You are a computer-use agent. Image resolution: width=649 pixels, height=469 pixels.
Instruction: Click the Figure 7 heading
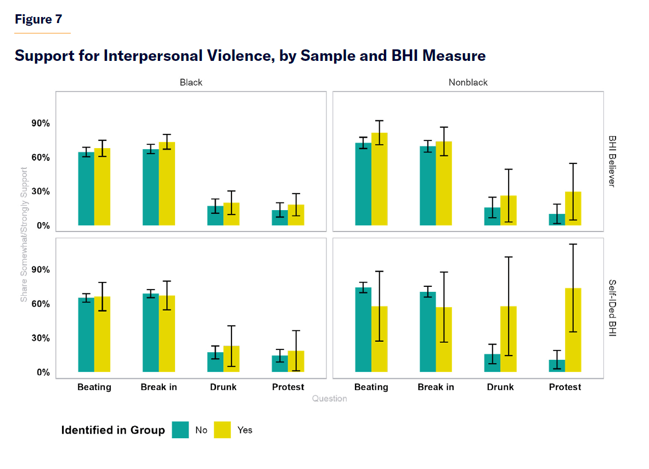click(x=38, y=20)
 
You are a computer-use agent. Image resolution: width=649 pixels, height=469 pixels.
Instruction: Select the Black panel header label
click(x=191, y=82)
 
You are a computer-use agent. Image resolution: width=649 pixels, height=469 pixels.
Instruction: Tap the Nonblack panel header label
click(x=468, y=82)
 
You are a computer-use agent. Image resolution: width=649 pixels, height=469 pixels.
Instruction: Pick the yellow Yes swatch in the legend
click(x=222, y=430)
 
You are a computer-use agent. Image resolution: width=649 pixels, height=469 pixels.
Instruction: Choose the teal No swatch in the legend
click(x=180, y=430)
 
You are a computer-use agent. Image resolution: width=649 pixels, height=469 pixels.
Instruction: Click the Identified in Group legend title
click(x=113, y=430)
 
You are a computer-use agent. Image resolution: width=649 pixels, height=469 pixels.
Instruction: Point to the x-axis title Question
click(x=330, y=399)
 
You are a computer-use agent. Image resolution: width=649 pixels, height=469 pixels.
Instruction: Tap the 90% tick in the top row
click(x=41, y=123)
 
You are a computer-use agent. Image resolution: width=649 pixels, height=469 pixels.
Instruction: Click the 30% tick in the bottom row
click(x=41, y=338)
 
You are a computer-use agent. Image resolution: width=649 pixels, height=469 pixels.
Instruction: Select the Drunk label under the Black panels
click(x=223, y=387)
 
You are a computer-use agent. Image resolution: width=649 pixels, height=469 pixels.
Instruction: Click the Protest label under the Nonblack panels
click(x=565, y=387)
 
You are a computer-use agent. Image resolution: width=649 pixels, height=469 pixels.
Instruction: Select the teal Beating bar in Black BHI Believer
click(x=86, y=189)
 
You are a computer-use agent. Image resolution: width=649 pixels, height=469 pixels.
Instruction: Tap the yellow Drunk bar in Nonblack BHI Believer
click(x=509, y=211)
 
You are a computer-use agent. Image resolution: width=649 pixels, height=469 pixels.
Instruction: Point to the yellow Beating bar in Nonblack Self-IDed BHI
click(x=380, y=340)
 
